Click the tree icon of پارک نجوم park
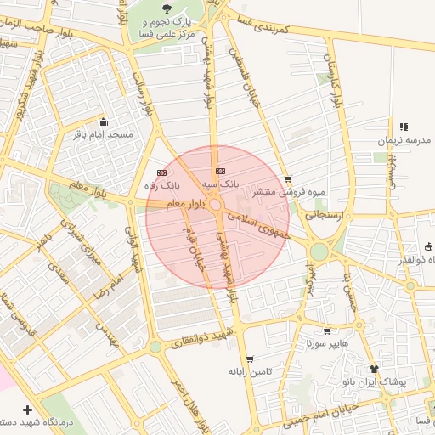click(x=167, y=9)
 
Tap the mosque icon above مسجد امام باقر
click(x=103, y=121)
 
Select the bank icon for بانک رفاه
click(x=161, y=172)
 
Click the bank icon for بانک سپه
click(x=221, y=171)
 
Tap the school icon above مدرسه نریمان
click(x=404, y=127)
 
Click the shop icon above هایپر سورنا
click(x=327, y=331)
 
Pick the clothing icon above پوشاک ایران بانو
click(x=374, y=369)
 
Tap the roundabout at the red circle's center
click(x=217, y=206)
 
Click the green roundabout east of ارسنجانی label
click(x=319, y=251)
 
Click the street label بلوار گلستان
click(x=334, y=76)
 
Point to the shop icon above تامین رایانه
click(x=249, y=359)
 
